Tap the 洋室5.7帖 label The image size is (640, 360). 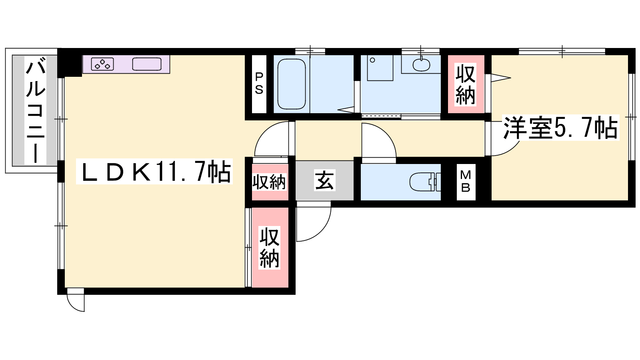click(560, 128)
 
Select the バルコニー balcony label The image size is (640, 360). click(36, 110)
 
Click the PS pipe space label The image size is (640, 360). click(259, 84)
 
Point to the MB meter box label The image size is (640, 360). click(466, 182)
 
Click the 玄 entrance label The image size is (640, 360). click(324, 180)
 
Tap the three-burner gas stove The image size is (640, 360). click(102, 64)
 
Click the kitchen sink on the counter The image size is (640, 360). click(147, 64)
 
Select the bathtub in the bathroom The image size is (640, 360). click(292, 84)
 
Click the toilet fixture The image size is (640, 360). click(425, 182)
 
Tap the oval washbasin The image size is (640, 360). click(422, 64)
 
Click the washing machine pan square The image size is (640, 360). click(380, 68)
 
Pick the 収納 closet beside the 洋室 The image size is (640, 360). click(466, 84)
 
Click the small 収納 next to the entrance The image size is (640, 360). click(269, 182)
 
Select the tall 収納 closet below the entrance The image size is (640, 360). click(270, 248)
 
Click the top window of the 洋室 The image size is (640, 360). click(562, 52)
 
